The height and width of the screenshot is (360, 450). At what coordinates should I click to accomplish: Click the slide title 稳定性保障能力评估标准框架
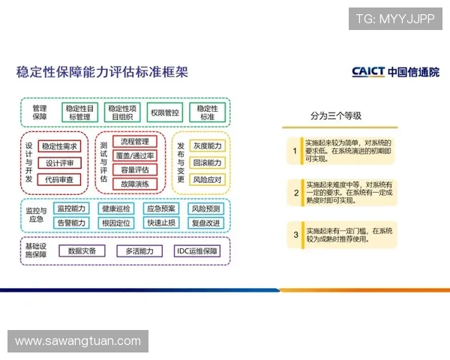click(102, 73)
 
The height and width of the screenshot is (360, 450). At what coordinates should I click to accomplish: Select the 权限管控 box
click(164, 112)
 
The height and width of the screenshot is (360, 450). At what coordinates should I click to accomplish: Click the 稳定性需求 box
click(59, 146)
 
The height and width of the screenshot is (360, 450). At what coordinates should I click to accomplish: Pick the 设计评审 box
click(59, 163)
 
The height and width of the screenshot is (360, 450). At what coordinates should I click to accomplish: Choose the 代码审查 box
click(59, 179)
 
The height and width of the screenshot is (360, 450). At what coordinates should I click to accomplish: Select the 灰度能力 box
click(207, 145)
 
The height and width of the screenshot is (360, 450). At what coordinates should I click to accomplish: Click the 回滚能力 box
click(207, 163)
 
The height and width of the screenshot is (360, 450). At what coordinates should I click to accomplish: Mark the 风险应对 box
click(207, 180)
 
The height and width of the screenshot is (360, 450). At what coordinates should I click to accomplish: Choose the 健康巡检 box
click(116, 208)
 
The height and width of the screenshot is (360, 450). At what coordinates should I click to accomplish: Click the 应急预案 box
click(162, 208)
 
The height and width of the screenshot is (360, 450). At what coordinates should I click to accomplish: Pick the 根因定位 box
click(116, 223)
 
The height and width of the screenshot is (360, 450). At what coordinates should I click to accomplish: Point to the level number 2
click(295, 193)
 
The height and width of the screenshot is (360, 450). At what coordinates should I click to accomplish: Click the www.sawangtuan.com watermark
click(78, 341)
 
